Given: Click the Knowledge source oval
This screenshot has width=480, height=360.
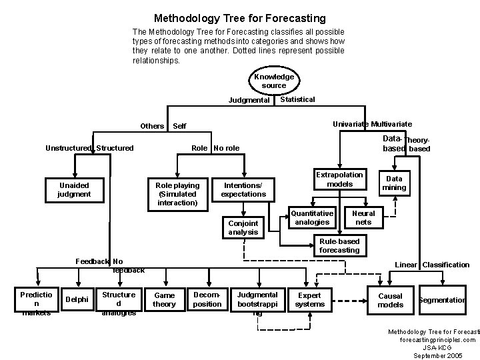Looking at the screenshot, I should pos(273,81).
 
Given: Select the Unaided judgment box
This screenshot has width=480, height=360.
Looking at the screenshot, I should pos(74,190).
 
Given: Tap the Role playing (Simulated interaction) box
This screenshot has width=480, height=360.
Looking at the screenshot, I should pos(177,193).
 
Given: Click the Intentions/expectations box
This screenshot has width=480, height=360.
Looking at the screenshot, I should pos(243,190).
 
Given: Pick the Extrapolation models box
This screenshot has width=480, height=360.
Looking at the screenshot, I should pos(339,179).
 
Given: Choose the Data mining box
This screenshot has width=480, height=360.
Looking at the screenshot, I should pos(394,183).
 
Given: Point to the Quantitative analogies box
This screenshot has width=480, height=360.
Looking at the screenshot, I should pos(312,218).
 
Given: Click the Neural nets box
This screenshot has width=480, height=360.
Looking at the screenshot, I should pos(363,218).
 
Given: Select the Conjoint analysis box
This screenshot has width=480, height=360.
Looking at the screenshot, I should pos(243,227).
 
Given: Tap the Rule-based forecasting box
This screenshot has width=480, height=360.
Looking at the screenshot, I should pos(339,246).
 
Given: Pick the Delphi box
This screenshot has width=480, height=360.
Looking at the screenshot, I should pos(77,300).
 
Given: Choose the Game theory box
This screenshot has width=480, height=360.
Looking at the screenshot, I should pos(164,300).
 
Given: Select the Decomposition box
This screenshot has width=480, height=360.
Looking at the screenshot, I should pos(207,299).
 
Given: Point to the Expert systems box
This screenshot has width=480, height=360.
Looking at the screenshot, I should pos(309,300).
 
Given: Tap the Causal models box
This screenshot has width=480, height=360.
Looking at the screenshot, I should pos(391,300).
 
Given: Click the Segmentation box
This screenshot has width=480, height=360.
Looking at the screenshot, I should pos(441,300).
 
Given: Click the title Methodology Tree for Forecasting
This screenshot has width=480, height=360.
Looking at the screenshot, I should pos(240,18).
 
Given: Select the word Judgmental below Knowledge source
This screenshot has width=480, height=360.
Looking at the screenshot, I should pos(249,101).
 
